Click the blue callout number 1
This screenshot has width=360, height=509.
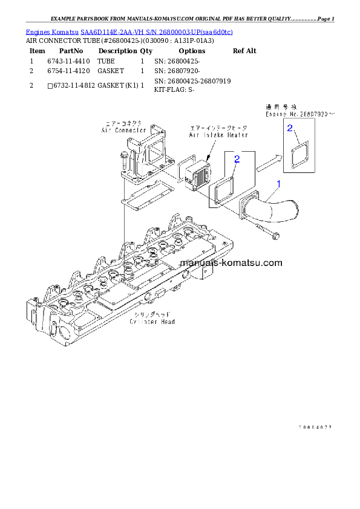[279, 183]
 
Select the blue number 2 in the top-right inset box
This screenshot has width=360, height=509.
[290, 128]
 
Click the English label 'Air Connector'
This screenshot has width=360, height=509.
[123, 129]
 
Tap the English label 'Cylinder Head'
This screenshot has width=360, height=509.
[152, 322]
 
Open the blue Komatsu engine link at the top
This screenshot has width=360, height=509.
[129, 31]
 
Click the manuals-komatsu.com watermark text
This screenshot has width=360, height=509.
[231, 263]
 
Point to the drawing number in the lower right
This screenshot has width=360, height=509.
[315, 427]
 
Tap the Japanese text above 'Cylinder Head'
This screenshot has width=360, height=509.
[152, 315]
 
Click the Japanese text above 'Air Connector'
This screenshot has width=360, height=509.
[124, 123]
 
